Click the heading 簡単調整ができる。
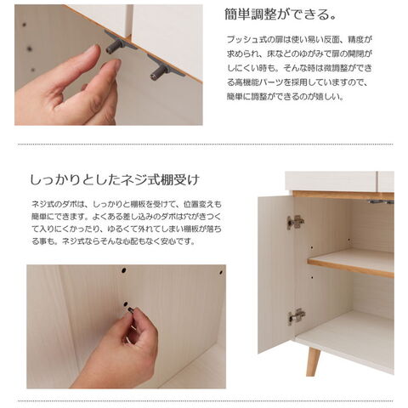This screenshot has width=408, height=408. tap(280, 14)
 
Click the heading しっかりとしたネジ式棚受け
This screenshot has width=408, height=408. tap(115, 179)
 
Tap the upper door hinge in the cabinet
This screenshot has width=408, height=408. tap(295, 222)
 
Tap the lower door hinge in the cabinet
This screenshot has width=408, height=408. tap(297, 316)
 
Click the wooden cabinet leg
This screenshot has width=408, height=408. tap(314, 361)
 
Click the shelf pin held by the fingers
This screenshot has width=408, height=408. tap(130, 310)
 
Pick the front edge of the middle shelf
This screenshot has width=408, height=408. tap(350, 268)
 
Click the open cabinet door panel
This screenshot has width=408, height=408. tap(276, 275)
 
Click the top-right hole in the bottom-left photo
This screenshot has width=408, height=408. tap(221, 273)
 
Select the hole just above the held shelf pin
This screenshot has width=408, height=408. tap(126, 304)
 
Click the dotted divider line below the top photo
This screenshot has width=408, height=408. tap(206, 144)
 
